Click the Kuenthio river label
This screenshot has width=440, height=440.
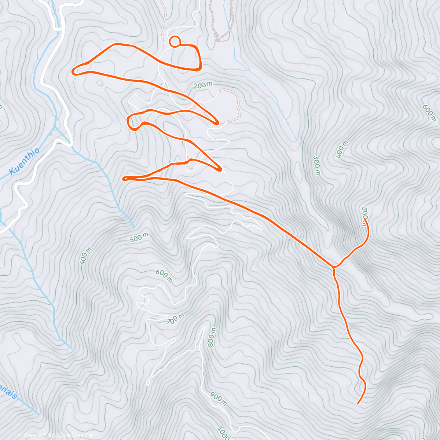click(x=24, y=162)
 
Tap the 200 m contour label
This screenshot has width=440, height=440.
click(x=203, y=85)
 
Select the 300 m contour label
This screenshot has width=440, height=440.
click(x=316, y=165)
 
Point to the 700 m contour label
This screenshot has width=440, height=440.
click(x=175, y=319)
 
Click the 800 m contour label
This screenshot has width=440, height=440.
click(x=212, y=337)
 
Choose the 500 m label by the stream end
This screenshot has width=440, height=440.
click(x=139, y=238)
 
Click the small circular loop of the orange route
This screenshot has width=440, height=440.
click(x=175, y=42)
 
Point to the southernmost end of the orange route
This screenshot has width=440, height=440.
click(x=357, y=404)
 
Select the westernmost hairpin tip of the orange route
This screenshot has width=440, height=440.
click(x=73, y=71)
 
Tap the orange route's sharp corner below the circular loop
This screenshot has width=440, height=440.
click(x=200, y=68)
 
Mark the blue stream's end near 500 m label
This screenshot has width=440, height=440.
click(x=134, y=227)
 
